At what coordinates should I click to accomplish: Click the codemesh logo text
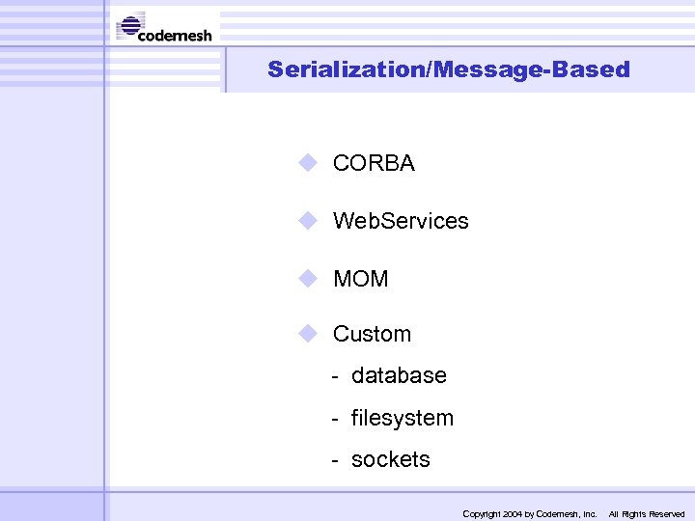click(175, 36)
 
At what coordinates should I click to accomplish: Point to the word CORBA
click(374, 164)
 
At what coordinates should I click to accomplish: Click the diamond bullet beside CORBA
click(308, 163)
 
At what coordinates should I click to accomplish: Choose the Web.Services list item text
click(401, 221)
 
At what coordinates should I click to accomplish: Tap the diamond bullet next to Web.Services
click(308, 221)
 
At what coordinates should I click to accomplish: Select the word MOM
click(360, 279)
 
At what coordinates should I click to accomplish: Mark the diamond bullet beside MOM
click(308, 279)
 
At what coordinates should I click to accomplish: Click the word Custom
click(372, 334)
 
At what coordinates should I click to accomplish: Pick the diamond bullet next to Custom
click(308, 334)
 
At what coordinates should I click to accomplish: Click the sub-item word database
click(399, 375)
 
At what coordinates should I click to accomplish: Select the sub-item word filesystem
click(402, 418)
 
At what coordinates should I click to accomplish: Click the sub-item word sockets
click(390, 459)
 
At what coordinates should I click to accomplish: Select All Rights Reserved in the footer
click(646, 514)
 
